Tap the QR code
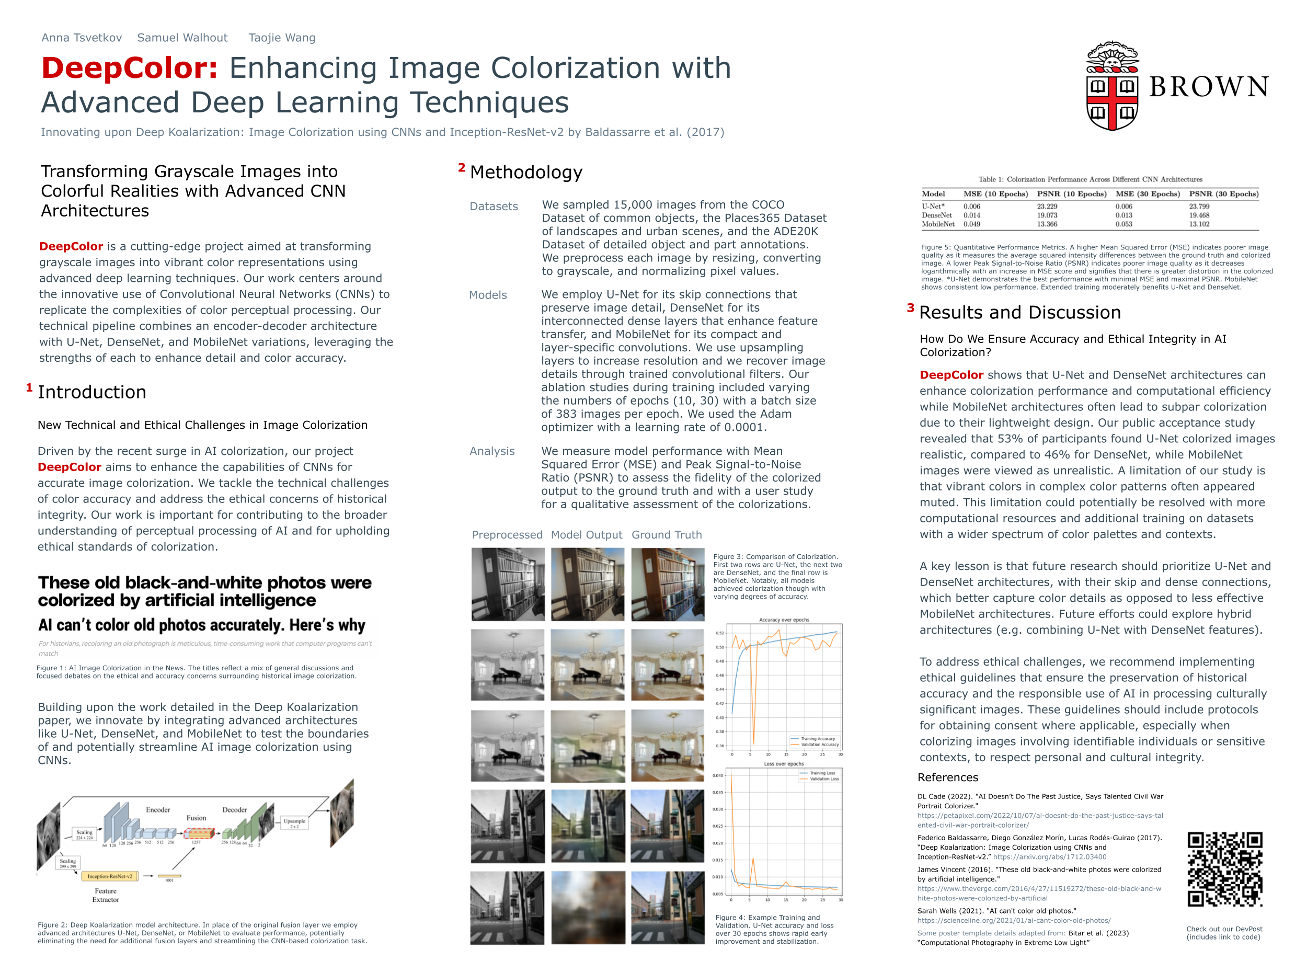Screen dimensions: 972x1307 pyautogui.click(x=1224, y=869)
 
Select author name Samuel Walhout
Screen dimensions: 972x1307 pyautogui.click(x=182, y=38)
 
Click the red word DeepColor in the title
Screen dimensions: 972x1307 pyautogui.click(x=130, y=67)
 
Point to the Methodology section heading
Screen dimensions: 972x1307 pyautogui.click(x=526, y=173)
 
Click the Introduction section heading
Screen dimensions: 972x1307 pyautogui.click(x=92, y=393)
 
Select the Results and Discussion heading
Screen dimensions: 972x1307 pyautogui.click(x=1019, y=313)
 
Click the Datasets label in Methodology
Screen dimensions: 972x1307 pyautogui.click(x=494, y=207)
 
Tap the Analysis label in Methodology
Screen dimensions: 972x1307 pyautogui.click(x=492, y=451)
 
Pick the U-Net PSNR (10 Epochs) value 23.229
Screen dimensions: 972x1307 pyautogui.click(x=1047, y=207)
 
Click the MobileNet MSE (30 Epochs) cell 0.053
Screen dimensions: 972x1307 pyautogui.click(x=1123, y=224)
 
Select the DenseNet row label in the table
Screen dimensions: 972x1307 pyautogui.click(x=936, y=215)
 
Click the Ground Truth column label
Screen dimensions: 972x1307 pyautogui.click(x=667, y=535)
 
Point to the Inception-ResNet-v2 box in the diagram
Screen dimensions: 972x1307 pyautogui.click(x=110, y=876)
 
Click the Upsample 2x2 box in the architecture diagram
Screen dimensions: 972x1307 pyautogui.click(x=294, y=822)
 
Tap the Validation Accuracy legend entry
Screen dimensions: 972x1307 pyautogui.click(x=819, y=745)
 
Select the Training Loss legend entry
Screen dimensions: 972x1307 pyautogui.click(x=822, y=773)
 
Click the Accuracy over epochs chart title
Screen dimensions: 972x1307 pyautogui.click(x=784, y=620)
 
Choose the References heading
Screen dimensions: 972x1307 pyautogui.click(x=948, y=777)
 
